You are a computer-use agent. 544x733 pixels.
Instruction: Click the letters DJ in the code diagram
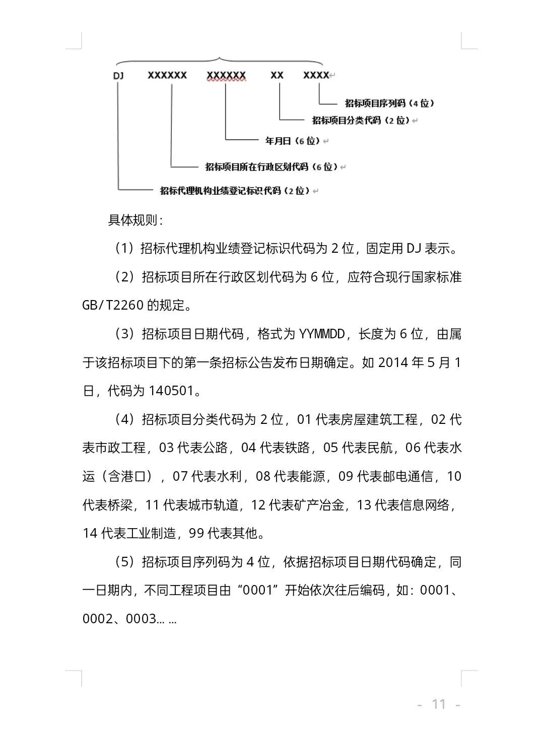click(118, 76)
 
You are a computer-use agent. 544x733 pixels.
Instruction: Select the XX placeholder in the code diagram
click(277, 75)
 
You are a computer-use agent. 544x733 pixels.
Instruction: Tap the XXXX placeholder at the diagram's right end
click(316, 75)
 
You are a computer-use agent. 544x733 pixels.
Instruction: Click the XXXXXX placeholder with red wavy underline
click(226, 76)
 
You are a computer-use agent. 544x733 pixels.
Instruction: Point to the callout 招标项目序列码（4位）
click(389, 103)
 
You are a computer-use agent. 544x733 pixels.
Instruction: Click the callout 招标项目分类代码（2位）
click(361, 120)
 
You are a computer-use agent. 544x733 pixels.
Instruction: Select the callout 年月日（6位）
click(293, 141)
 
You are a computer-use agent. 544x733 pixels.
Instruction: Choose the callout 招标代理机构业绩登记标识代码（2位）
click(235, 191)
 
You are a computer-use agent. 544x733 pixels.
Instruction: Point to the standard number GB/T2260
click(113, 305)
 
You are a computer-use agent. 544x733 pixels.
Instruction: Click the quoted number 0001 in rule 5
click(257, 590)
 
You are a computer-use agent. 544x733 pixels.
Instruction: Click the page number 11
click(439, 704)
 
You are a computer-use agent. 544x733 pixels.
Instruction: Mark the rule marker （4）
click(124, 419)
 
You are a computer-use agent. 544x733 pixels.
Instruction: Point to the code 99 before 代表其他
click(196, 533)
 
